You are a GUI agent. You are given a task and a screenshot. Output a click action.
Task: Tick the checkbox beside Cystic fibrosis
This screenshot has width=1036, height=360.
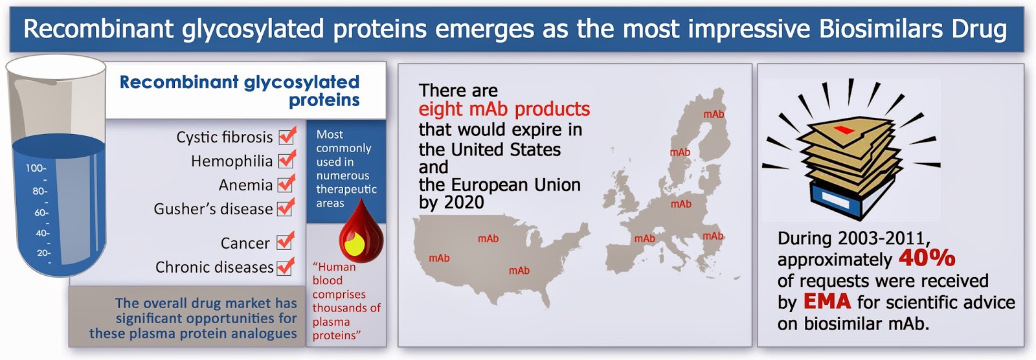click(x=286, y=137)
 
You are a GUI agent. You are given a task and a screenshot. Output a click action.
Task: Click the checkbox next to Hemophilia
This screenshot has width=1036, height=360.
click(x=286, y=161)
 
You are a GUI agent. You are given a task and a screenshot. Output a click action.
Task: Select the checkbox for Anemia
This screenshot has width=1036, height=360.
click(x=286, y=185)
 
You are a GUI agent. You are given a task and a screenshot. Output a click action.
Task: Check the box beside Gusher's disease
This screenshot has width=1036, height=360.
click(x=286, y=208)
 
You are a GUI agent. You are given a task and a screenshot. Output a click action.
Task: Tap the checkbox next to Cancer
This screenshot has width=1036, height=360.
click(x=285, y=242)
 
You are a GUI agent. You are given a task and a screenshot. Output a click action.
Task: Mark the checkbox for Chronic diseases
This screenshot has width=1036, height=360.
click(x=285, y=267)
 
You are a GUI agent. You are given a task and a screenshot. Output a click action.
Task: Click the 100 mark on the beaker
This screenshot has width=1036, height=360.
click(x=36, y=168)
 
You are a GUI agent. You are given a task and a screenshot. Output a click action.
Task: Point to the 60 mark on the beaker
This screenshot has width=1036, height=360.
click(x=39, y=213)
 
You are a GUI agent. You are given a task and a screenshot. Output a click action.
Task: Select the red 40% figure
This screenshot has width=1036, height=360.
click(x=927, y=258)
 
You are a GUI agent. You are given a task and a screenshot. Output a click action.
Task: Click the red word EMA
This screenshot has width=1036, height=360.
click(x=827, y=302)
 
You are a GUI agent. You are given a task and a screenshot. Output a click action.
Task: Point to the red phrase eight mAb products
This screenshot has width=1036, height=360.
click(x=504, y=109)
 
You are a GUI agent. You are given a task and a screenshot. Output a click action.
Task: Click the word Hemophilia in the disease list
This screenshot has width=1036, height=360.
click(x=232, y=161)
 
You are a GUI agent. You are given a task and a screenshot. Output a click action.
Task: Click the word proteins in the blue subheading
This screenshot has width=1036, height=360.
click(x=324, y=100)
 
